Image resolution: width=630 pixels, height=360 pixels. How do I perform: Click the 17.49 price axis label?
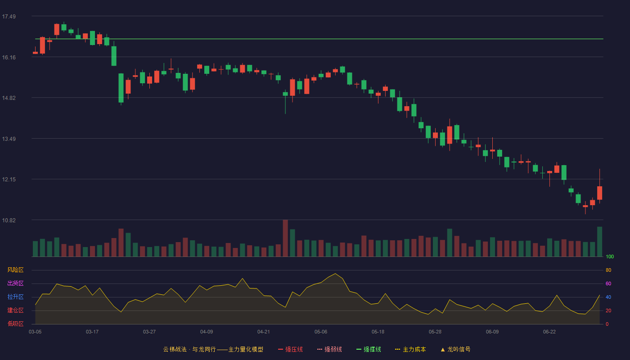(9, 17)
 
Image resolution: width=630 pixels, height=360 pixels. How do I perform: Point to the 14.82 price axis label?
(9, 98)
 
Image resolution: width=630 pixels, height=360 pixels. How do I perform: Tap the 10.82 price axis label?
(9, 220)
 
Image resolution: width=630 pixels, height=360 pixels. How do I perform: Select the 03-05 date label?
(35, 332)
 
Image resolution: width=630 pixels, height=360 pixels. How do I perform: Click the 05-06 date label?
(321, 332)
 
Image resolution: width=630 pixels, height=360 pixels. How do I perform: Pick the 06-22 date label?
(549, 332)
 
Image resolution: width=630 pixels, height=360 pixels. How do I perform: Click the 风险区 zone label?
(15, 270)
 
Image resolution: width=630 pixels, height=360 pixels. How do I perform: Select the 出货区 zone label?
(15, 283)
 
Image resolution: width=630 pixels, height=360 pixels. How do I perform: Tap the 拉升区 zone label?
(15, 297)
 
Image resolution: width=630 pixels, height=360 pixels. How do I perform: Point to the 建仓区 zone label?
(15, 310)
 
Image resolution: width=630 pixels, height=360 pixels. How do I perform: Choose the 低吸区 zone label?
(15, 324)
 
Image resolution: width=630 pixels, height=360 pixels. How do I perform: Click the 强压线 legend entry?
(290, 349)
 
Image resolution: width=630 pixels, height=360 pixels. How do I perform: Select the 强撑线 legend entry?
(369, 349)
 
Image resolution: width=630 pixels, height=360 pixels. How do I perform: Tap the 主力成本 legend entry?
(410, 349)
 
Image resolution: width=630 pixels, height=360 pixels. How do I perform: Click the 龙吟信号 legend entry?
(455, 349)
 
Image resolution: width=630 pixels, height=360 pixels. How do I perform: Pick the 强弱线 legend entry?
(329, 349)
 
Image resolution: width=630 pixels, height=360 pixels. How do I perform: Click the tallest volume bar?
(285, 238)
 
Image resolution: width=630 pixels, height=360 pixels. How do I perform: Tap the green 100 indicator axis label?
(610, 256)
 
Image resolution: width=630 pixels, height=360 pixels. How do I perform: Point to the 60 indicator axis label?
(608, 283)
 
